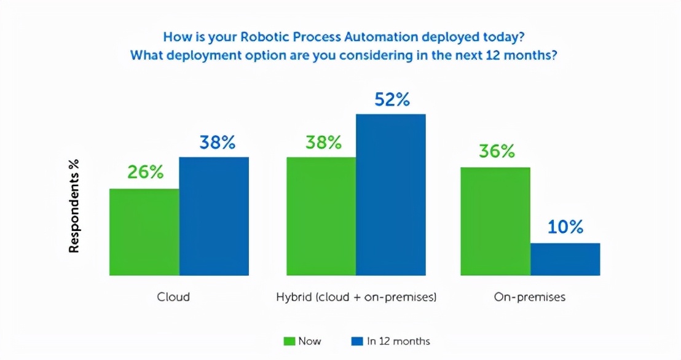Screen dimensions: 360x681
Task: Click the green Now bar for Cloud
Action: click(144, 232)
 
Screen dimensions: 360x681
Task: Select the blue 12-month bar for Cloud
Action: click(214, 216)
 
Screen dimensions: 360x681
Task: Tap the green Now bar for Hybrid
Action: click(321, 216)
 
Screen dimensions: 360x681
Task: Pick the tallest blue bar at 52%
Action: click(391, 194)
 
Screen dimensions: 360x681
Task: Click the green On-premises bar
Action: click(495, 221)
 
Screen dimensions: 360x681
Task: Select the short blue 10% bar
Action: click(565, 259)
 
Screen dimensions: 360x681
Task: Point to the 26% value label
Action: click(146, 173)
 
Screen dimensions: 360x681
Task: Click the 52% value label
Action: click(392, 100)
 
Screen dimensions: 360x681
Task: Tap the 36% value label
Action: click(497, 151)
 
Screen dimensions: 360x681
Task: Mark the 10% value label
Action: click(565, 227)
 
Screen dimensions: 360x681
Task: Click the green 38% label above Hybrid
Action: click(323, 143)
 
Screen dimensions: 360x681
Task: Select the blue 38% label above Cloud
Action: click(217, 143)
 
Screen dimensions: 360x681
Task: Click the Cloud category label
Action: click(173, 297)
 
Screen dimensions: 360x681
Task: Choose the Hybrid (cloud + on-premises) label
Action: click(356, 297)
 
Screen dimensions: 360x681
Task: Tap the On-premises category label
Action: click(530, 297)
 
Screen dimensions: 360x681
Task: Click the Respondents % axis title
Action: click(74, 208)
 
